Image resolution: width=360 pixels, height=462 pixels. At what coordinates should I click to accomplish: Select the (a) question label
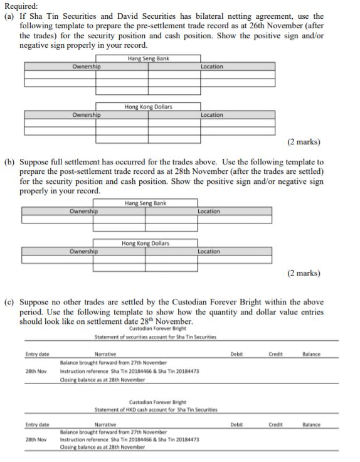[10, 16]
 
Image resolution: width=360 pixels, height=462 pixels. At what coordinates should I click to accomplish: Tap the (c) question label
[10, 302]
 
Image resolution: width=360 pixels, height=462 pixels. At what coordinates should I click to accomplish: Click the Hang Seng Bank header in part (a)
[148, 58]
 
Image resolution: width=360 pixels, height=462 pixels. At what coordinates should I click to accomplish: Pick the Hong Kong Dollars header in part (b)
[146, 243]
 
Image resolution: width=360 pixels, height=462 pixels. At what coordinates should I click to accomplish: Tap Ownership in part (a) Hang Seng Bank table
[86, 67]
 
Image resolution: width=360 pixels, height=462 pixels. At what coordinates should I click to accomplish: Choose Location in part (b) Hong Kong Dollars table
[209, 251]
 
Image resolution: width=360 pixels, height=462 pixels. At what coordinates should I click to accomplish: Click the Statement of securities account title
[155, 337]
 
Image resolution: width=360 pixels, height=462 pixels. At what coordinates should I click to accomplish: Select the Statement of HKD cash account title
[156, 409]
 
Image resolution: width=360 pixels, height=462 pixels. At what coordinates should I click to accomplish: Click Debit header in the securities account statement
[236, 354]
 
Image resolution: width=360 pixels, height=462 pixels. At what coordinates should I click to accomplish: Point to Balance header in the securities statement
[310, 354]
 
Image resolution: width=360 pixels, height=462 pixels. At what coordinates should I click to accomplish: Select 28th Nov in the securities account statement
[37, 371]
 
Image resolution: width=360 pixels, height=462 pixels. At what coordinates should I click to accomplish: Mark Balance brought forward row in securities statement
[114, 363]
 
